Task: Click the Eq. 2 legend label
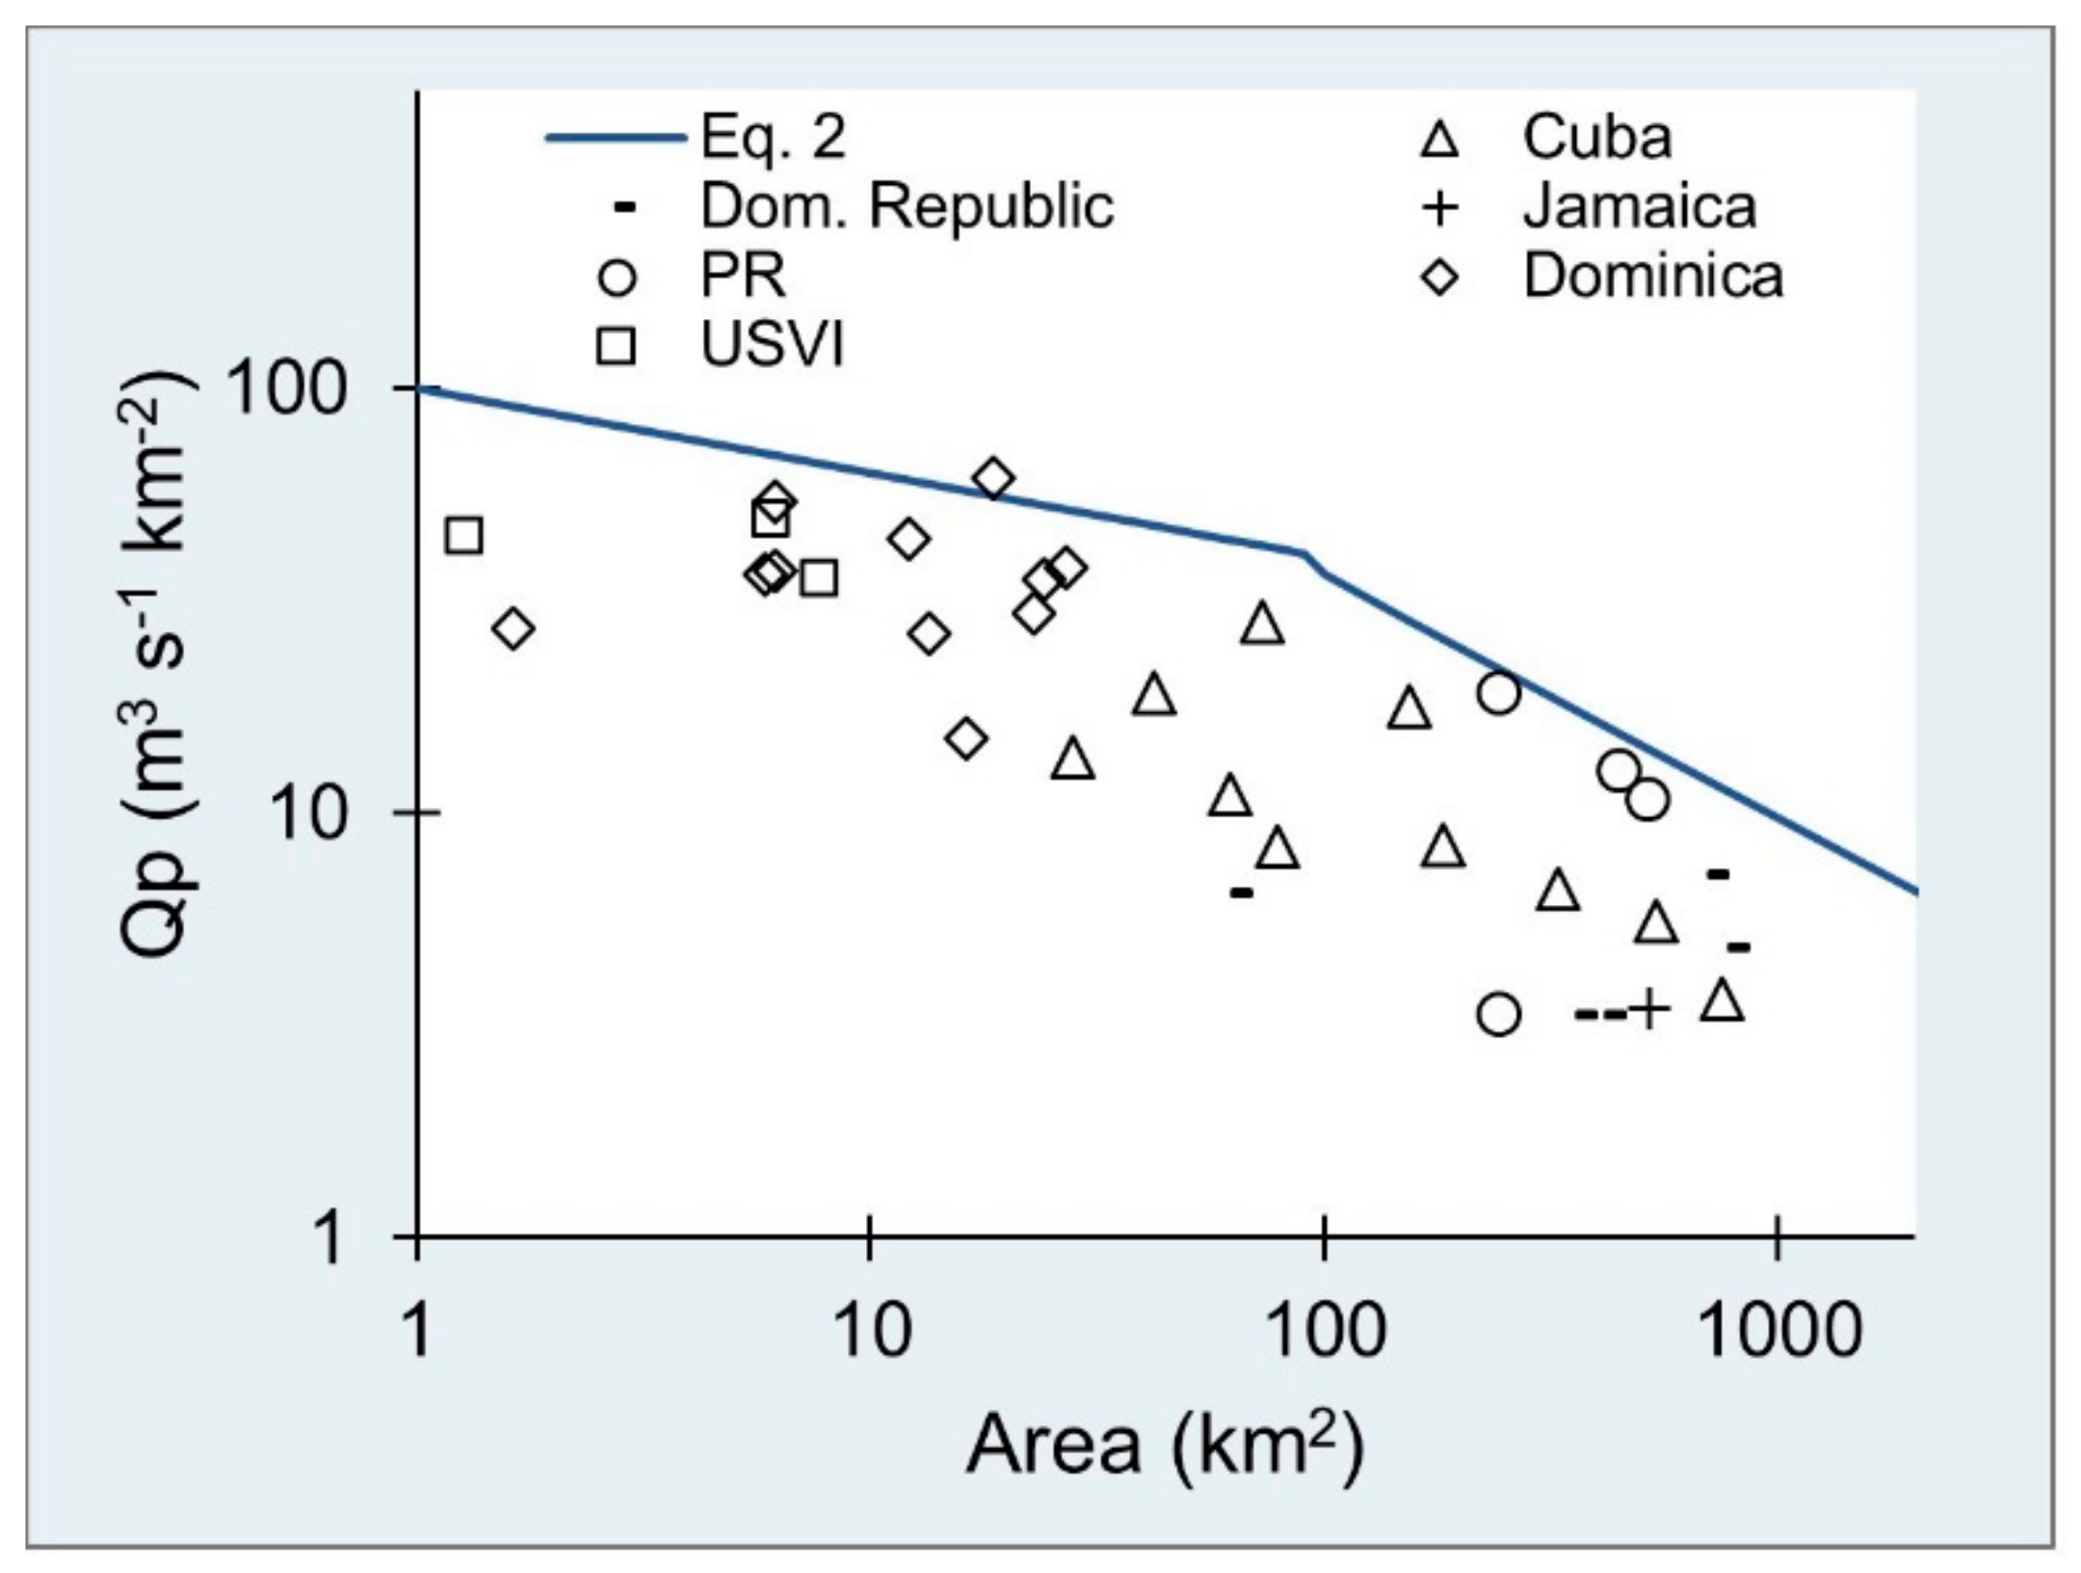click(x=773, y=137)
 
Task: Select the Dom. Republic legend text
click(x=906, y=206)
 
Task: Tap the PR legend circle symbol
click(x=617, y=278)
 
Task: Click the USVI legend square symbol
click(x=616, y=346)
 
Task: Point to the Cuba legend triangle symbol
click(x=1440, y=141)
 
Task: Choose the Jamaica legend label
click(x=1639, y=207)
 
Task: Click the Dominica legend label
click(x=1652, y=277)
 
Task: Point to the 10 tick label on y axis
click(x=310, y=814)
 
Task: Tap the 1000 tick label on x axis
click(x=1778, y=1330)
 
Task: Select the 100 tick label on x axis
click(x=1324, y=1330)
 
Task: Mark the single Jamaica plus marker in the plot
click(x=1648, y=1010)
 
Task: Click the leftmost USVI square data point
click(x=464, y=535)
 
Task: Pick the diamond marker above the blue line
click(x=993, y=478)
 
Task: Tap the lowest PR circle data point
click(x=1498, y=1014)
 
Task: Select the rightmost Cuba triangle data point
click(x=1724, y=1000)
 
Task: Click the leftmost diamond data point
click(x=513, y=628)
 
